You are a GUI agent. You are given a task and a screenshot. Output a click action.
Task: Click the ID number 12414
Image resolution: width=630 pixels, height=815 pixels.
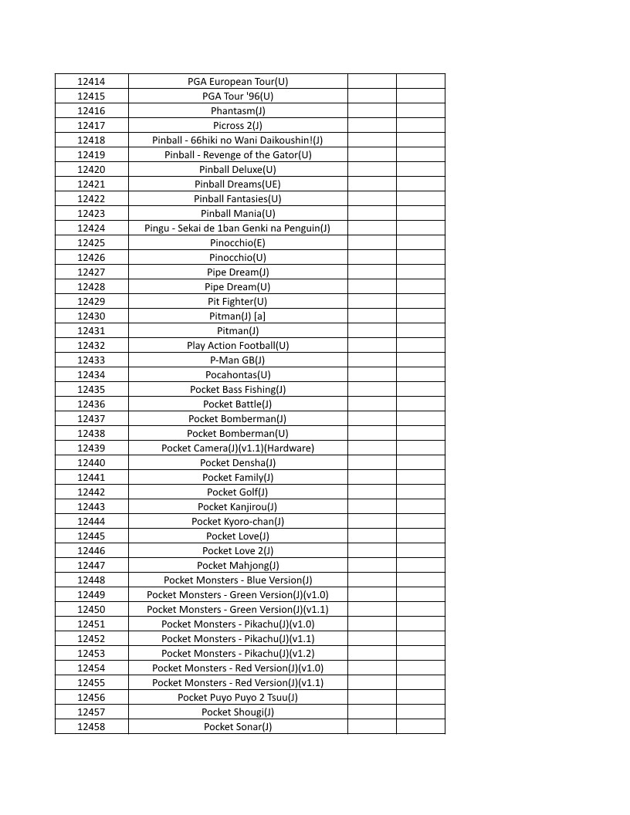coord(91,81)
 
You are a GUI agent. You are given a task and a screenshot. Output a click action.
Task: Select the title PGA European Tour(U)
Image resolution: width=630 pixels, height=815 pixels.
coord(238,81)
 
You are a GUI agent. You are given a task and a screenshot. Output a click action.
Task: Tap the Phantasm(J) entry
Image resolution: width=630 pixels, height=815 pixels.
coord(238,110)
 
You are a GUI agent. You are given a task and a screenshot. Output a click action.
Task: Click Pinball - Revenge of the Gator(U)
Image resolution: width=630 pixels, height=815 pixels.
coord(238,154)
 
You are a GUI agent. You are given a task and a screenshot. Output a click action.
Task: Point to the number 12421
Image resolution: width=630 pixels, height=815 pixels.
coord(91,184)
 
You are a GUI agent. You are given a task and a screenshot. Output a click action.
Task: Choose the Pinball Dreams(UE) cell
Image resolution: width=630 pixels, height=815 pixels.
coord(238,184)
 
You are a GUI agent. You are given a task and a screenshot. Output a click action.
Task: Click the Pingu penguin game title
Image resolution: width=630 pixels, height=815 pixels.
coord(238,228)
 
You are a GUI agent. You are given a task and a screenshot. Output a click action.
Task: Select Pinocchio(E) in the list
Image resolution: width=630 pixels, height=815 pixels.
coord(238,242)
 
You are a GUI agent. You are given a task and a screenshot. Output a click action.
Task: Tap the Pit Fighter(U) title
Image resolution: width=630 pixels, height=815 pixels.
coord(238,301)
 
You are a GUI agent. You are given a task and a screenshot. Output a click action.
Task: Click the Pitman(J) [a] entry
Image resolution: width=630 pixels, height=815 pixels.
coord(238,316)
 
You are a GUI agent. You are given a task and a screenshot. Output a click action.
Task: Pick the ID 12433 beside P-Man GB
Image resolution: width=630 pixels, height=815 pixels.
coord(91,360)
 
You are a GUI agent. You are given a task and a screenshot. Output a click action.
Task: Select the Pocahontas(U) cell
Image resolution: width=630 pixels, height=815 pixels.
coord(238,374)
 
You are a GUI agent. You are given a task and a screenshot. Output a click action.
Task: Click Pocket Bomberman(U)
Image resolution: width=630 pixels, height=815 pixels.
coord(238,433)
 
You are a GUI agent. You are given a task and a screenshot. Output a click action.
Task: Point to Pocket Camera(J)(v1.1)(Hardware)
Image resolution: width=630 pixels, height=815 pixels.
coord(238,448)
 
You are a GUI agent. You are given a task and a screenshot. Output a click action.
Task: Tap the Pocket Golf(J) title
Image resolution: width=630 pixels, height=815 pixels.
coord(238,492)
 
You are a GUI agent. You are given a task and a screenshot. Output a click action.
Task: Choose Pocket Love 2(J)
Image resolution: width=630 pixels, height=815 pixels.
coord(238,550)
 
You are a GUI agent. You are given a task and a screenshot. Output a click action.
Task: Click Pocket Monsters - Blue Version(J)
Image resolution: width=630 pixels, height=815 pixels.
coord(238,580)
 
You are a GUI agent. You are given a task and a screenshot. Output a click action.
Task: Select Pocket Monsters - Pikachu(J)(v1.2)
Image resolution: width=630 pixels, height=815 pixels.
coord(238,653)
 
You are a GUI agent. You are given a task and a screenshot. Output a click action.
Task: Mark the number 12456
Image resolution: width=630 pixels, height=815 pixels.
coord(91,697)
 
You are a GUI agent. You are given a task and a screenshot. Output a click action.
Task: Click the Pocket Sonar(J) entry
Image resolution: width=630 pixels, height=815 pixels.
coord(238,726)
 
